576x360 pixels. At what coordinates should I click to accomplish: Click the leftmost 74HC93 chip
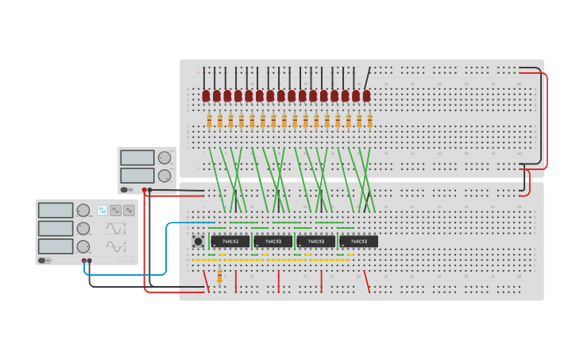click(x=230, y=241)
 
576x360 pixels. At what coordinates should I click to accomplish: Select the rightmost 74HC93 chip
click(x=358, y=241)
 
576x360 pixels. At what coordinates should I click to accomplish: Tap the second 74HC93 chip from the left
click(x=273, y=241)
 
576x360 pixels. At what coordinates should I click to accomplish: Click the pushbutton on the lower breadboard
click(x=198, y=241)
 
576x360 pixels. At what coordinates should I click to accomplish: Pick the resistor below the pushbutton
click(x=220, y=276)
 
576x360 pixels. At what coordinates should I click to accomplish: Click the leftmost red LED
click(x=206, y=96)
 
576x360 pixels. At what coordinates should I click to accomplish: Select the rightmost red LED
click(x=366, y=96)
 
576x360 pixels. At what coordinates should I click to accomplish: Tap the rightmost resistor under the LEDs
click(x=369, y=121)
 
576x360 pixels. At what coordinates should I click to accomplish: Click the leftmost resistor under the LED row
click(x=209, y=121)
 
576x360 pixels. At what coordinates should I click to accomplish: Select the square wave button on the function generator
click(x=102, y=211)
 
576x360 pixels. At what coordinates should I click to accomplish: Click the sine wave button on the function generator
click(x=116, y=211)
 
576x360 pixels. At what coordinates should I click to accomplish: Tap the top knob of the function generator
click(x=83, y=211)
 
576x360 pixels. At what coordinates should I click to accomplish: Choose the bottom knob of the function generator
click(x=83, y=246)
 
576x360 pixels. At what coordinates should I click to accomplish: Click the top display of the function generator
click(x=56, y=211)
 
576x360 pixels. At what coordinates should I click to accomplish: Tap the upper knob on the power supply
click(x=164, y=157)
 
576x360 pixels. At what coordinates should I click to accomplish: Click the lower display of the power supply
click(x=137, y=176)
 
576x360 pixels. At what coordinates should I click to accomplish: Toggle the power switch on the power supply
click(x=124, y=190)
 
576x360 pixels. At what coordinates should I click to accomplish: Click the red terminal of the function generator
click(x=83, y=261)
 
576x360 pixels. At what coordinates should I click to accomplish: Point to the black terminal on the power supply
click(x=150, y=190)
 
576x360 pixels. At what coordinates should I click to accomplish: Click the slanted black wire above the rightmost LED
click(x=367, y=78)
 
